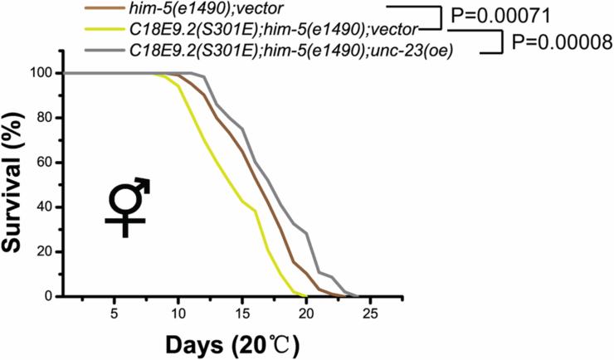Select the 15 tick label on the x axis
click(242, 313)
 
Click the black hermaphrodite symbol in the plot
click(127, 207)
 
